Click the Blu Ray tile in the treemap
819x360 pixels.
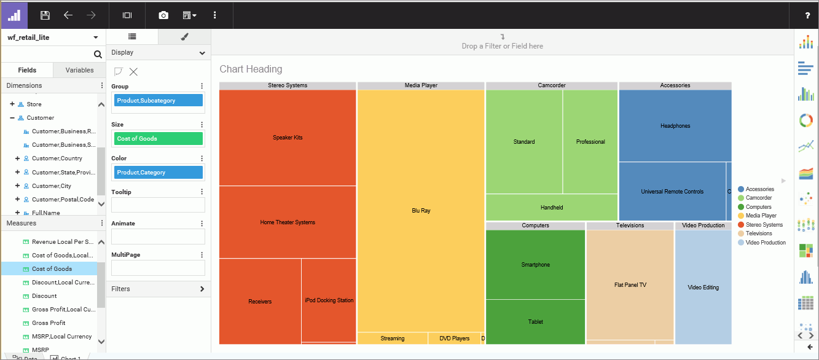tap(421, 211)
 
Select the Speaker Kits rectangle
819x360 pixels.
tap(288, 138)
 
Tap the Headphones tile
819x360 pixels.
tap(675, 126)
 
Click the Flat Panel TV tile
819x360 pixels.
tap(630, 285)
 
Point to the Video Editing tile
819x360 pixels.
tap(703, 288)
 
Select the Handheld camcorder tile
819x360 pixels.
tap(552, 208)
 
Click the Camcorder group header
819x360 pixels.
tap(552, 85)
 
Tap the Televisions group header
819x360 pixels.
tap(630, 225)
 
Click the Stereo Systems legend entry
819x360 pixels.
tap(764, 225)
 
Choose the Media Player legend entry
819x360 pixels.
tap(761, 216)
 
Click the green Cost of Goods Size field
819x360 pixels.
tap(158, 139)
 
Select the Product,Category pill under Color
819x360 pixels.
tap(158, 173)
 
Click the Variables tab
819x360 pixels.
tap(79, 71)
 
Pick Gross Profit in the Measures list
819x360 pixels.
tap(49, 323)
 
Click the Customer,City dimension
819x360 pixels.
tap(52, 186)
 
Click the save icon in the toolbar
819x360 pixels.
tap(45, 15)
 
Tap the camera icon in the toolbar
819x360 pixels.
tap(163, 15)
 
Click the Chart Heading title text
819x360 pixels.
tap(251, 69)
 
